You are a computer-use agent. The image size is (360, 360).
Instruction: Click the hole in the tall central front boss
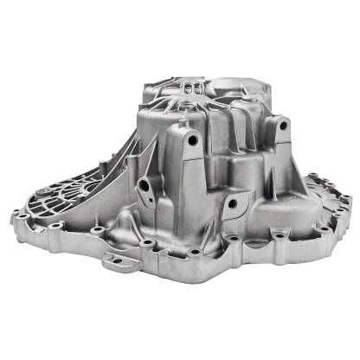click(192, 138)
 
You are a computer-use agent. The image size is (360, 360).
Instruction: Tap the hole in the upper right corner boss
click(282, 125)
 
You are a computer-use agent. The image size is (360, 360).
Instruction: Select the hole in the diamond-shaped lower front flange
click(232, 204)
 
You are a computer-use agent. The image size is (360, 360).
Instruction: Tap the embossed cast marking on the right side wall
click(295, 197)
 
